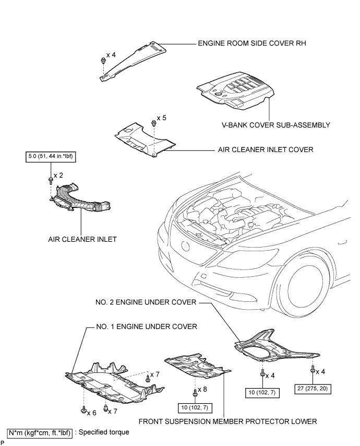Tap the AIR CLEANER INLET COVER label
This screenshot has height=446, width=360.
tap(265, 149)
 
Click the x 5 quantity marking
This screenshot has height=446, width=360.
tap(161, 118)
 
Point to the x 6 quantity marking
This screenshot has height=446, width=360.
tap(92, 413)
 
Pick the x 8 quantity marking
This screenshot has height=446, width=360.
tap(202, 389)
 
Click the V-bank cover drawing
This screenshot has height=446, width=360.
tap(236, 91)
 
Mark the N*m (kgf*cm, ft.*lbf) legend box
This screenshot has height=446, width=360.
tap(40, 432)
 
